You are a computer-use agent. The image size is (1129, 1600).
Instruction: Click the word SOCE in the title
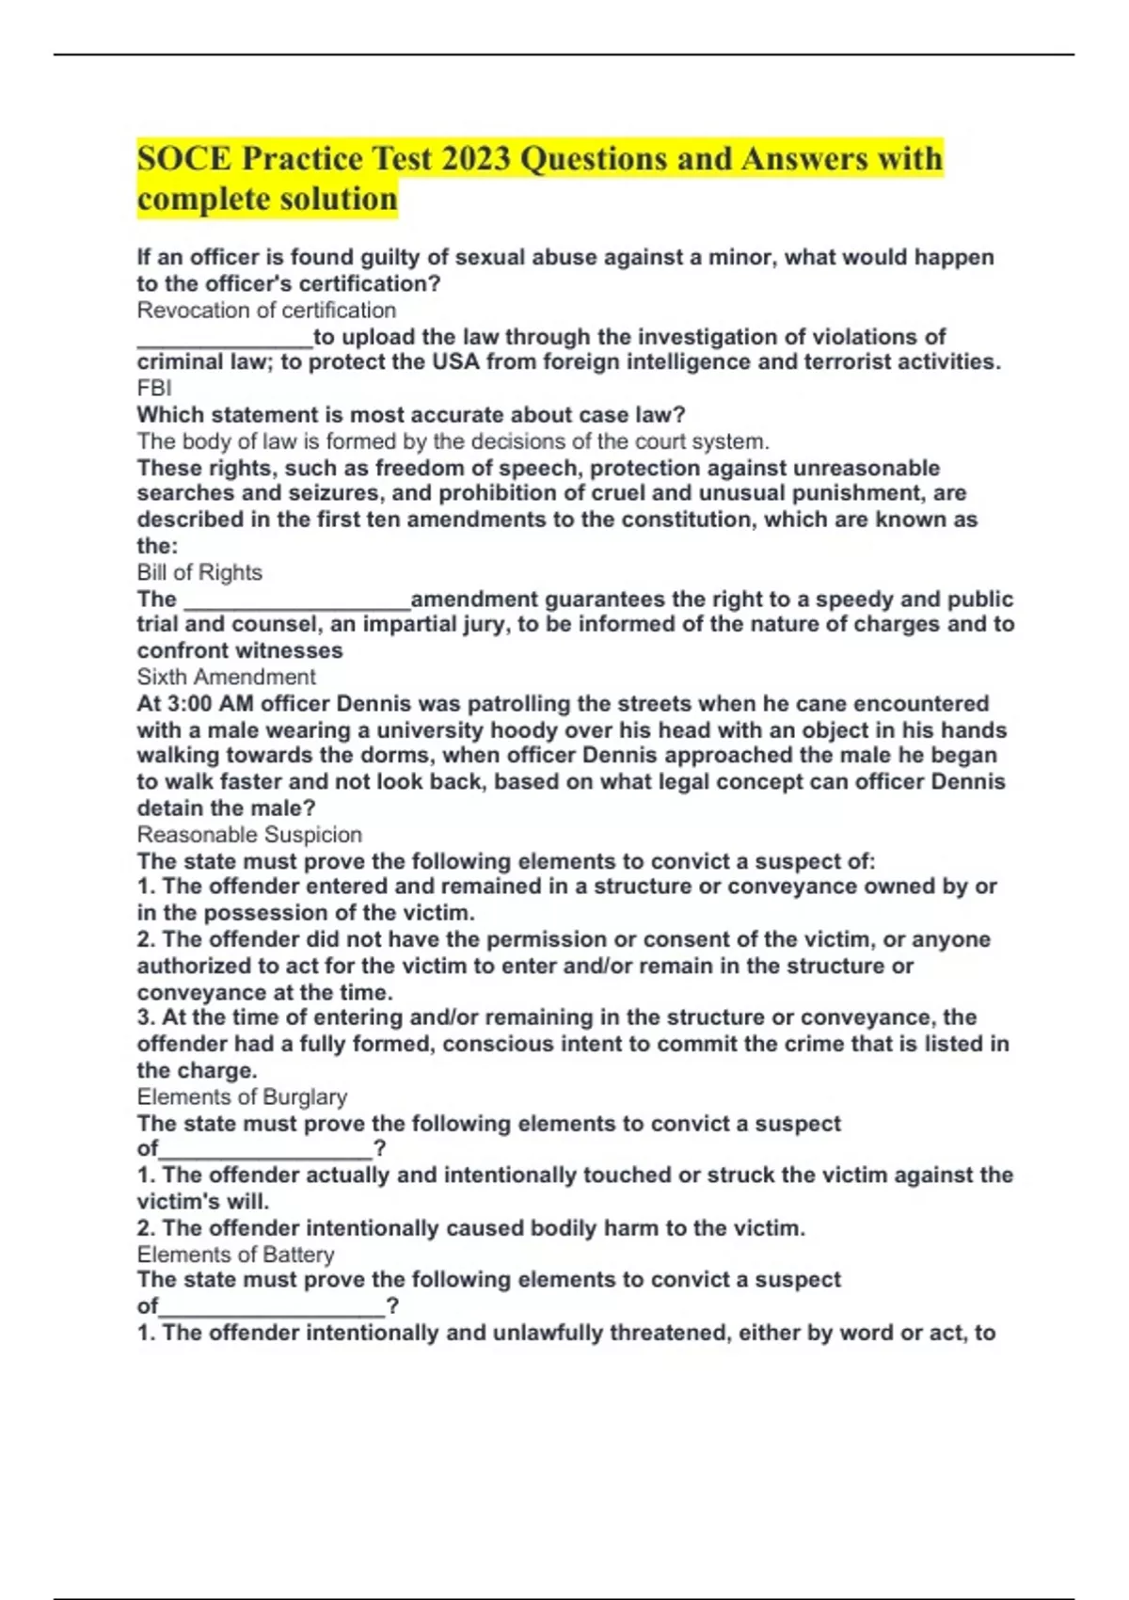[184, 158]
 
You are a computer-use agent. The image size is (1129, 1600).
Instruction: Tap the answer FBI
[154, 388]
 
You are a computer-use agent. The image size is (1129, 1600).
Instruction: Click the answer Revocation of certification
[266, 310]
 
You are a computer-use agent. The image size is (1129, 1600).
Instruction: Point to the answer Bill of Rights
[199, 572]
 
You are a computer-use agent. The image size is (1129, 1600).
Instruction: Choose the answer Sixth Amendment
[226, 677]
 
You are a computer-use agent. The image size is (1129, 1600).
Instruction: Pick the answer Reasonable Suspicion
[249, 834]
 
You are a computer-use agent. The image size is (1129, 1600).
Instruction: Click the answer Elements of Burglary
[242, 1096]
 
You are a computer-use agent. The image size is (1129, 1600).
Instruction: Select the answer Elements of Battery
[235, 1255]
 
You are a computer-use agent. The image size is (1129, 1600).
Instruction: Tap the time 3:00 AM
[195, 704]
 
